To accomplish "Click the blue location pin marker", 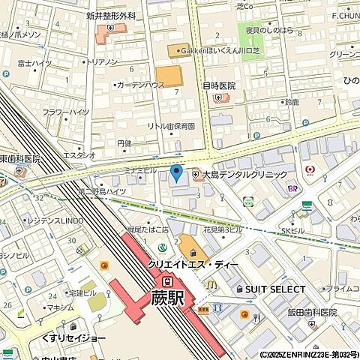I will [176, 174].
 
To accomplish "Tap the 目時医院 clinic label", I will [219, 86].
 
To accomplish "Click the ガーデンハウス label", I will [141, 85].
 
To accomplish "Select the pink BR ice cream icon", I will [292, 189].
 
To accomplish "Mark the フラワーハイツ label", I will [65, 112].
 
